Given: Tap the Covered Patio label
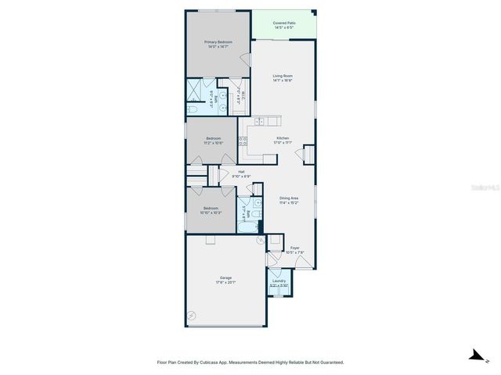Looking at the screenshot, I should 284,23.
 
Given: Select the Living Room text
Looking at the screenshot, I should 282,76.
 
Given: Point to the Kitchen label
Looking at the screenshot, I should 282,138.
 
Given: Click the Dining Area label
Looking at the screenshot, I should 289,198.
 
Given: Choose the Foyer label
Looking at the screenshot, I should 294,248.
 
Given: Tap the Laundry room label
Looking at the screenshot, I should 279,280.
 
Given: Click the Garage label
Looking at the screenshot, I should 225,278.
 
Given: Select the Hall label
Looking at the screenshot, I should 241,172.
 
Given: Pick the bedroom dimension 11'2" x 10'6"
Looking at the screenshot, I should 214,143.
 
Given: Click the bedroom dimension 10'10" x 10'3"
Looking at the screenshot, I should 211,212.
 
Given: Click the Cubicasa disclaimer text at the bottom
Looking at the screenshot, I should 250,362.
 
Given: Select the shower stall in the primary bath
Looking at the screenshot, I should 194,98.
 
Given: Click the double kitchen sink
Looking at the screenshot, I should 270,121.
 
